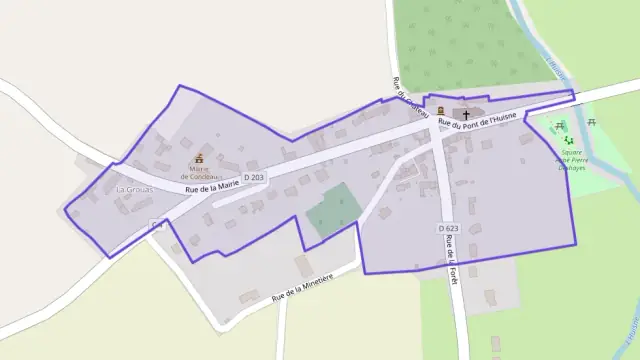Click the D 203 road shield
253,177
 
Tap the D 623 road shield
448,229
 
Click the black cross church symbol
465,114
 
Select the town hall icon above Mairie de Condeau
198,157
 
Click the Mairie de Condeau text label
198,172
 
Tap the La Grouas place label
132,189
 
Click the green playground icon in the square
568,141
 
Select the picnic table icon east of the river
592,122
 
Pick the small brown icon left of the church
440,110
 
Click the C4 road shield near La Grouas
156,225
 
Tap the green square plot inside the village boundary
332,209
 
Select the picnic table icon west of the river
559,126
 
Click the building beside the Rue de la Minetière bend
303,265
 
